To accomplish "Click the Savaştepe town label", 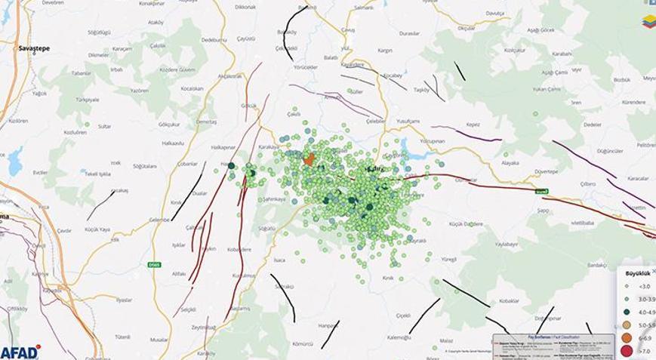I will tap(33, 48).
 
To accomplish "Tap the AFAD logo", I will tap(20, 352).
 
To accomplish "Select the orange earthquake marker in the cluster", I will tap(309, 159).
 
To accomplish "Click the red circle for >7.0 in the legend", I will tap(626, 350).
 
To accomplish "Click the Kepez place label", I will tap(473, 125).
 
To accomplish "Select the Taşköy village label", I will tap(421, 90).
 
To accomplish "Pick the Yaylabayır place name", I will tap(510, 245).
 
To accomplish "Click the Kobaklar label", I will tap(509, 300).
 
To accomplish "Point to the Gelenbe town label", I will tap(159, 220).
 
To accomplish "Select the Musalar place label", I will tap(159, 340).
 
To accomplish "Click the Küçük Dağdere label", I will tap(466, 224).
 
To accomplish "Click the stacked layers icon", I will tap(649, 22).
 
